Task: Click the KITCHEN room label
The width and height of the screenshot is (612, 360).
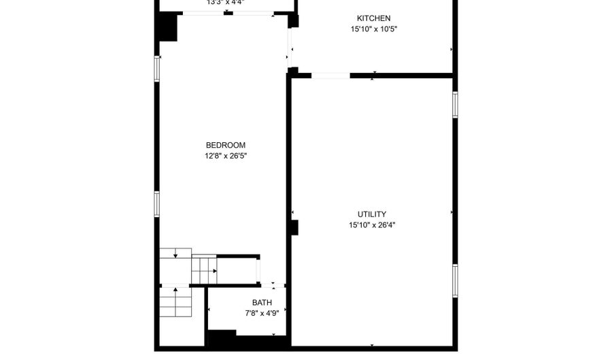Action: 373,18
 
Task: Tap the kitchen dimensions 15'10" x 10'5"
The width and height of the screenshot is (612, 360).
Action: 373,29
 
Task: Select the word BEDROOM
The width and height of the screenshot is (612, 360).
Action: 225,145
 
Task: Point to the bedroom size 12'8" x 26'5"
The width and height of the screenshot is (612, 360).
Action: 225,156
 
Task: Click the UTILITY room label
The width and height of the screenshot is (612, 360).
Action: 372,214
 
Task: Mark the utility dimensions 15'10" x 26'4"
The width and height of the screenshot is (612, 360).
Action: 372,225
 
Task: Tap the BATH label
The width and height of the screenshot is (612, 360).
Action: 262,303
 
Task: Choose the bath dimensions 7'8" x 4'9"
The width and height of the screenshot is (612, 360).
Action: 262,314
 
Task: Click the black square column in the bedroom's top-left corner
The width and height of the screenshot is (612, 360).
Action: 167,28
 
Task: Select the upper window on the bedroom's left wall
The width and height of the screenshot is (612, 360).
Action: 157,69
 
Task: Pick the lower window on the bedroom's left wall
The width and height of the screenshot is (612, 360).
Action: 157,203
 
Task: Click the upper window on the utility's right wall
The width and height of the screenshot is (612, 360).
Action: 455,104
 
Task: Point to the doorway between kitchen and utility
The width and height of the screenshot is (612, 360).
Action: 330,76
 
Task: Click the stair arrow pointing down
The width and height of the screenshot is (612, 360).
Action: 175,255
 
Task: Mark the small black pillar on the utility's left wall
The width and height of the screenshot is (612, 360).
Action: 294,227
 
